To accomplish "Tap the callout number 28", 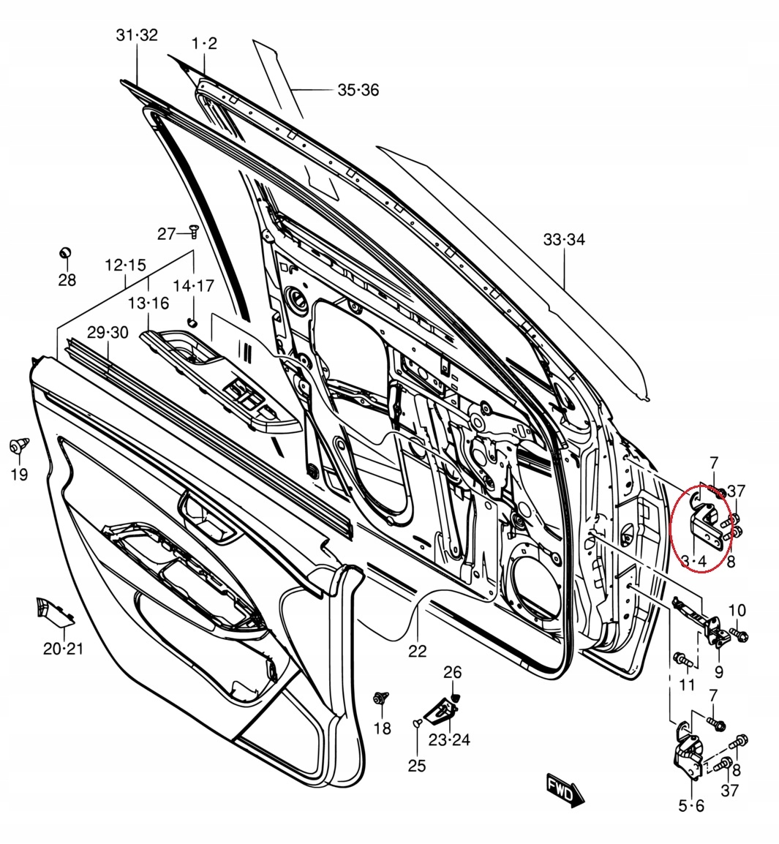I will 67,279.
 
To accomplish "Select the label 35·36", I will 358,90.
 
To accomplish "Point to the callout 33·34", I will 564,240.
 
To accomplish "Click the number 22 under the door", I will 417,650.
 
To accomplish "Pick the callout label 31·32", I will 137,35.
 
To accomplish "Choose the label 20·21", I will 64,649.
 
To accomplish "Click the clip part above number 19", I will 19,445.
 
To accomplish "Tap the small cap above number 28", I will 66,253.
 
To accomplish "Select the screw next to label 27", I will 194,231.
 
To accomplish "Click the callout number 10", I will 737,610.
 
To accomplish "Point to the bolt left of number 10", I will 740,636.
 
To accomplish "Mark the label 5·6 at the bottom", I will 691,806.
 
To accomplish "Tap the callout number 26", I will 453,671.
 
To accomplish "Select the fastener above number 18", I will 380,698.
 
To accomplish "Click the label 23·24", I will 449,739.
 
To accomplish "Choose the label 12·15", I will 126,265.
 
